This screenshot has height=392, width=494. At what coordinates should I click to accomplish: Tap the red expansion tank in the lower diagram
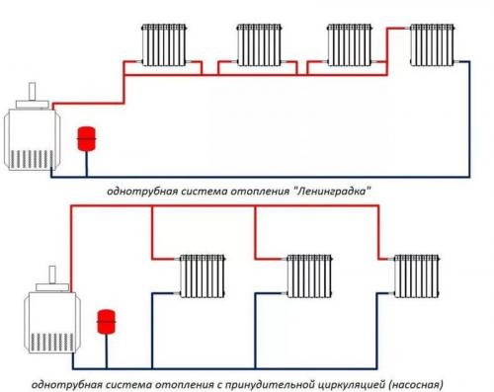(x=104, y=322)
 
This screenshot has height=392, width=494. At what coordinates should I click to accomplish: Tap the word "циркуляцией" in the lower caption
(x=351, y=380)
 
